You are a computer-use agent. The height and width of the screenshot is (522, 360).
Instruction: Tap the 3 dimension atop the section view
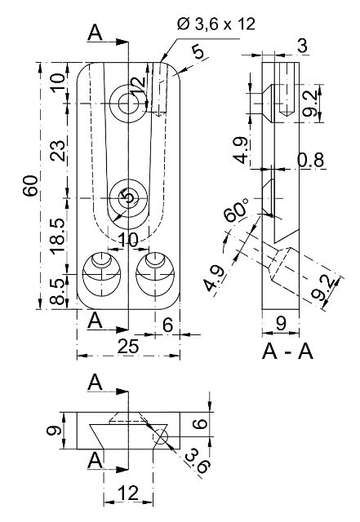coord(301,46)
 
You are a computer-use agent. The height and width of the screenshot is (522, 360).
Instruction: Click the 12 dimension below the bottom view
coord(127,493)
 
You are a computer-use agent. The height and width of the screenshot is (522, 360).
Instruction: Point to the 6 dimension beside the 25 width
coord(167,324)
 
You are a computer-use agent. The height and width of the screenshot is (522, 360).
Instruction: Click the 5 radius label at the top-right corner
coord(197,52)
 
